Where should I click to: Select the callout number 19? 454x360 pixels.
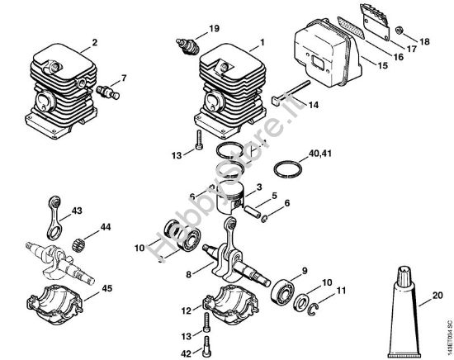(214, 29)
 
